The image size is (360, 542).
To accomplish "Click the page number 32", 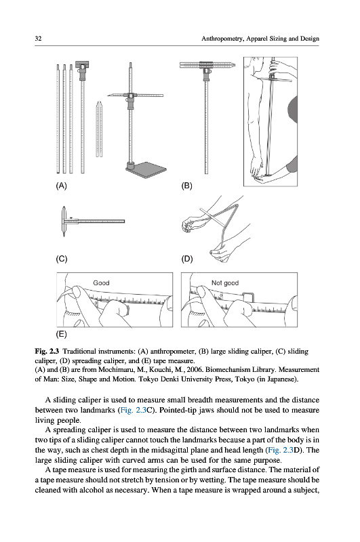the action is click(38, 39).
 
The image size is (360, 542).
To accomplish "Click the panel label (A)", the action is click(61, 186).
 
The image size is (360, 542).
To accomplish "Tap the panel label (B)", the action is click(186, 186).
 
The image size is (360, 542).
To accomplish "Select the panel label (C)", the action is click(62, 259).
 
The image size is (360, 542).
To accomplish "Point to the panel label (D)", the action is click(187, 259).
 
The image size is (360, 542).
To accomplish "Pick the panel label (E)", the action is click(61, 334).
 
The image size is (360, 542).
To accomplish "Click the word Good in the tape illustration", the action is click(101, 283).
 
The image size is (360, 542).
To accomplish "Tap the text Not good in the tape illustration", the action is click(225, 283).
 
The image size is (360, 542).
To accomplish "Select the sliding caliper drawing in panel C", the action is click(93, 222).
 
